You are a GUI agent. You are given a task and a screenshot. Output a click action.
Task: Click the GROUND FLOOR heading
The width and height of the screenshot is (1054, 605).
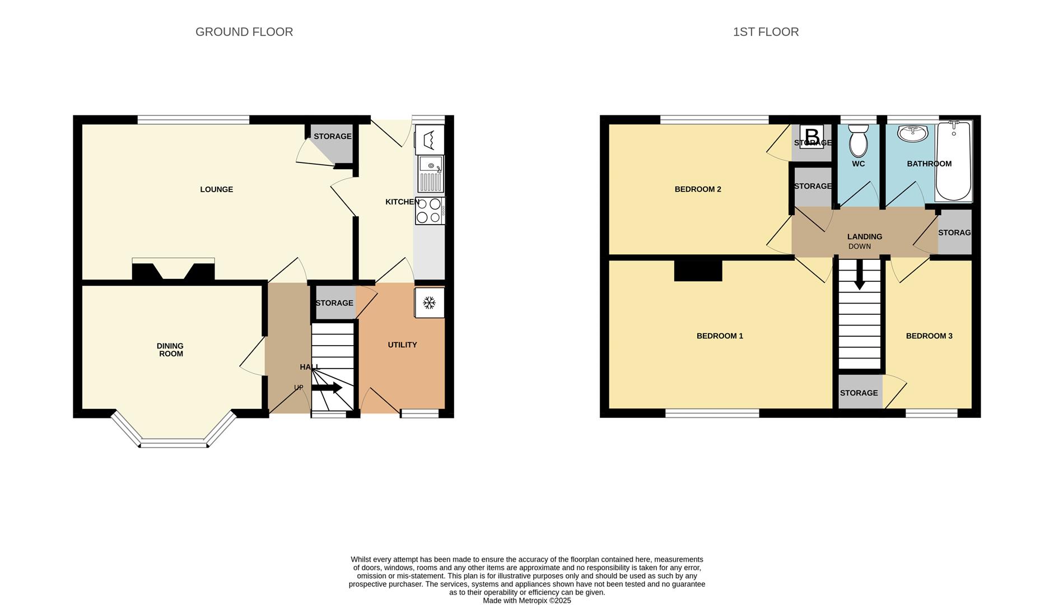tap(244, 32)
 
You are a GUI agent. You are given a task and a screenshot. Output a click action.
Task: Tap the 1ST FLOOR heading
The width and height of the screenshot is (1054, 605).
tap(766, 32)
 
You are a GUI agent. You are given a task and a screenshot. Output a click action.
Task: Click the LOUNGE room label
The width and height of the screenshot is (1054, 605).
tap(217, 189)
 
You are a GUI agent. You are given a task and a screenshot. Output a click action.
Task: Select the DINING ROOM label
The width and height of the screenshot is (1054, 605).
tap(171, 350)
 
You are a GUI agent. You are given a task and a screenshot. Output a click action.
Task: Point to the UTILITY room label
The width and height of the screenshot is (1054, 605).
tap(402, 345)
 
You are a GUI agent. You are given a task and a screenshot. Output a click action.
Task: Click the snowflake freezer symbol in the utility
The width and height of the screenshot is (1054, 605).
tap(430, 303)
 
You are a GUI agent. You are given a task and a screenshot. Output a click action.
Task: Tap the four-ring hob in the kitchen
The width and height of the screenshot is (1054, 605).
tap(430, 211)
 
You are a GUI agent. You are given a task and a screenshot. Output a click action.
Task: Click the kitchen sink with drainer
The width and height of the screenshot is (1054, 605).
tap(430, 174)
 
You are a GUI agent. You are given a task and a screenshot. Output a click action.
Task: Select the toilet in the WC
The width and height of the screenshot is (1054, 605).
tap(858, 141)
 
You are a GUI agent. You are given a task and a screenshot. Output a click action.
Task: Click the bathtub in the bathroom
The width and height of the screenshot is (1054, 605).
tap(953, 161)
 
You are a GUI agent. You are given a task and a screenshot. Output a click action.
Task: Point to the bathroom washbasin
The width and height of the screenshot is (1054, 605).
tap(912, 133)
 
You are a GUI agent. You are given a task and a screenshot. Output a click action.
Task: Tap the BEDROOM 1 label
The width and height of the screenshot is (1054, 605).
tap(720, 336)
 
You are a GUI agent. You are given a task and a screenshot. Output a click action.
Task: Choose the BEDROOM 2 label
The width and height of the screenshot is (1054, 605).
tap(698, 189)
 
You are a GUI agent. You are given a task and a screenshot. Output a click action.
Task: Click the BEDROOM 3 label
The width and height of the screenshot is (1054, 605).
tap(929, 336)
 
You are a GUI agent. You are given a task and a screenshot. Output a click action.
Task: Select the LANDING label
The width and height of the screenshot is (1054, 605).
tap(865, 237)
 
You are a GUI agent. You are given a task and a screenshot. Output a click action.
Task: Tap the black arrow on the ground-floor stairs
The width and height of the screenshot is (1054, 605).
tap(327, 388)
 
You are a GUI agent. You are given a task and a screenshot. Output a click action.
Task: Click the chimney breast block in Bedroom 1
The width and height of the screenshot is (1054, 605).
tap(698, 270)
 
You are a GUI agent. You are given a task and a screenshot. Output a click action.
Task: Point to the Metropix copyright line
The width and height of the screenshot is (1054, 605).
tap(527, 601)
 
